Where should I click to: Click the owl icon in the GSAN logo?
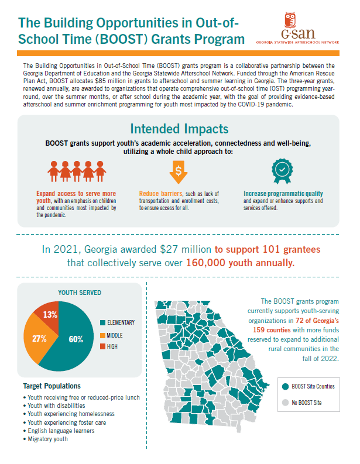pos(290,20)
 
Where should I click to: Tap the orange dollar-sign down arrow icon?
pos(178,172)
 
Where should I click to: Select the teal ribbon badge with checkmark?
pos(282,171)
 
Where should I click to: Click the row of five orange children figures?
pos(77,171)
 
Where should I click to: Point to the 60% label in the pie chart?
pos(76,339)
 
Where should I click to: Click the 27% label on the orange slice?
pos(39,339)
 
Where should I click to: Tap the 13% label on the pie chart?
pos(50,315)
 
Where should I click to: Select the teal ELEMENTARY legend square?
pos(102,322)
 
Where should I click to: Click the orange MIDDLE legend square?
pos(102,335)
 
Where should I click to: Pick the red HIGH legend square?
pos(102,346)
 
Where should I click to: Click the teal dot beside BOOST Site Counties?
pos(286,386)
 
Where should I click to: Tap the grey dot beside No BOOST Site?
pos(286,403)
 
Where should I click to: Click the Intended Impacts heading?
pos(179,129)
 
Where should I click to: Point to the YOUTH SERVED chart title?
pos(80,293)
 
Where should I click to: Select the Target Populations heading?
pos(52,386)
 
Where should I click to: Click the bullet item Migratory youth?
pos(47,439)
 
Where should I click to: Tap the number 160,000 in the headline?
pos(205,263)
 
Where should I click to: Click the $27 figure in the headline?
pos(169,249)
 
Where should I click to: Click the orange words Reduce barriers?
pos(161,194)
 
